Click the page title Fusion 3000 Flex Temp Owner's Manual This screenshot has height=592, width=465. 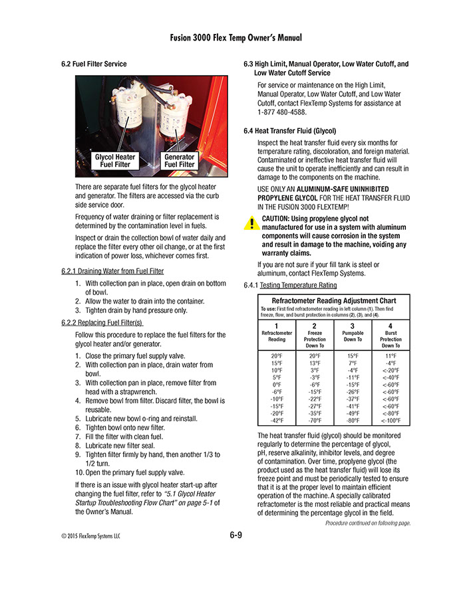click(x=232, y=38)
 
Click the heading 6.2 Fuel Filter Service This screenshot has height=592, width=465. click(x=93, y=64)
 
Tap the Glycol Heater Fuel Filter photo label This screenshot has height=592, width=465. click(x=115, y=160)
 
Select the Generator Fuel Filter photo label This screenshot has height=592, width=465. click(x=179, y=160)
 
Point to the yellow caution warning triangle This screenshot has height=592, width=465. click(x=251, y=223)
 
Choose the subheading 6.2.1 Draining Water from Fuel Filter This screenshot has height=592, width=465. click(x=112, y=271)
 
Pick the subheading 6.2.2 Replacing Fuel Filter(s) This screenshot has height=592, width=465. click(x=102, y=323)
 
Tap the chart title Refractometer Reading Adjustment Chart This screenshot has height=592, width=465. click(x=334, y=301)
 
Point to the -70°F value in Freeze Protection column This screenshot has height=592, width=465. click(x=315, y=421)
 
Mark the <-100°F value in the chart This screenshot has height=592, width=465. click(x=390, y=421)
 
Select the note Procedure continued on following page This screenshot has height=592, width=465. click(x=367, y=524)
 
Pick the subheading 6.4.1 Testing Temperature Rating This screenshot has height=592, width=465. click(x=290, y=285)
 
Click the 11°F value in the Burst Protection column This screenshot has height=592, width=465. click(x=390, y=355)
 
